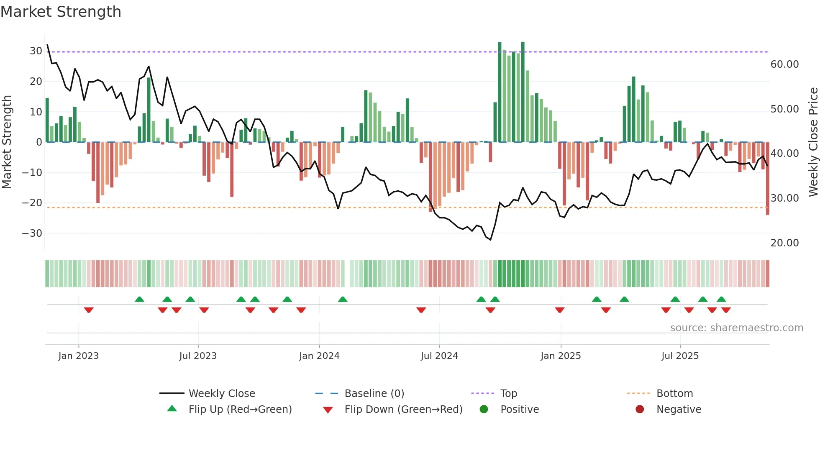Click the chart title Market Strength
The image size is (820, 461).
[x=61, y=12]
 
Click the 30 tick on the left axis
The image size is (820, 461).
[x=36, y=51]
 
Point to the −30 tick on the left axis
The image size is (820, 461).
[x=32, y=233]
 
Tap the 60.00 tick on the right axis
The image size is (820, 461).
[x=784, y=64]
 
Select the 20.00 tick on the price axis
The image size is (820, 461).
[x=784, y=243]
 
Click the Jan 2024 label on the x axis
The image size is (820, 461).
[x=319, y=356]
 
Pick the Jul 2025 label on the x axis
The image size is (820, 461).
[x=680, y=356]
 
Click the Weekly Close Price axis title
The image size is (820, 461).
[x=813, y=142]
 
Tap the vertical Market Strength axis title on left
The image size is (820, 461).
[x=7, y=142]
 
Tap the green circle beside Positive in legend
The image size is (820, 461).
[x=484, y=409]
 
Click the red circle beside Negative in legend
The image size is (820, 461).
[x=640, y=409]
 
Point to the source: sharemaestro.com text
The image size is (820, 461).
[x=736, y=328]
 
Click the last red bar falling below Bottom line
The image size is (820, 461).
[x=768, y=180]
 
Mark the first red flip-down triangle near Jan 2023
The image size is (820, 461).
[x=89, y=310]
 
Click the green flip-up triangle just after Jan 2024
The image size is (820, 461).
[x=343, y=299]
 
